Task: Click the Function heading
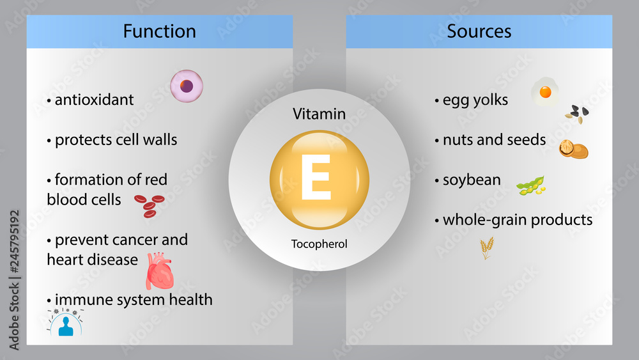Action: pos(159,31)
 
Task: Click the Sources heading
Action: pos(479,31)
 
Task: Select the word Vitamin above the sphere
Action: pos(319,114)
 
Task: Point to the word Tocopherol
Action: pos(319,244)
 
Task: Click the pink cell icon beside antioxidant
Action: pos(187,86)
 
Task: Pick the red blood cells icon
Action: pos(148,205)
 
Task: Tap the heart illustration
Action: pos(160,270)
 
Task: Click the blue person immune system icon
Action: pos(65,323)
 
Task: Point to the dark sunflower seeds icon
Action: pos(577,114)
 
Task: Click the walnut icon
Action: pos(573,149)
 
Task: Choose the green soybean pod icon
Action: pos(531,185)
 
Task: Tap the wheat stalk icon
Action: pos(487,247)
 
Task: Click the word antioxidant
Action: pos(94,100)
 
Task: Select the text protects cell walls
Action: pos(116,140)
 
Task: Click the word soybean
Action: pos(471,180)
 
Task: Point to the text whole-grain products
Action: pos(518,220)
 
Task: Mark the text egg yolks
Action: pos(475,100)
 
